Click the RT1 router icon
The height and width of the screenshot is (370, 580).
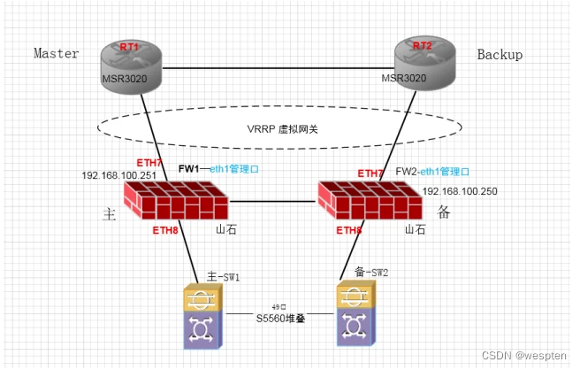point(130,62)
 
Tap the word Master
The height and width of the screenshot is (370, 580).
point(57,54)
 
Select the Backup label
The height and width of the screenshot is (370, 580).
point(500,55)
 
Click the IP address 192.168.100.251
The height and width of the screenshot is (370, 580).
point(119,175)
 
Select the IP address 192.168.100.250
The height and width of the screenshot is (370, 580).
point(460,191)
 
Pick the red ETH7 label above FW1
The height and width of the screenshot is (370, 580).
point(149,162)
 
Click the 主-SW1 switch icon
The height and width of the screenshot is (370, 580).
point(204,315)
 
